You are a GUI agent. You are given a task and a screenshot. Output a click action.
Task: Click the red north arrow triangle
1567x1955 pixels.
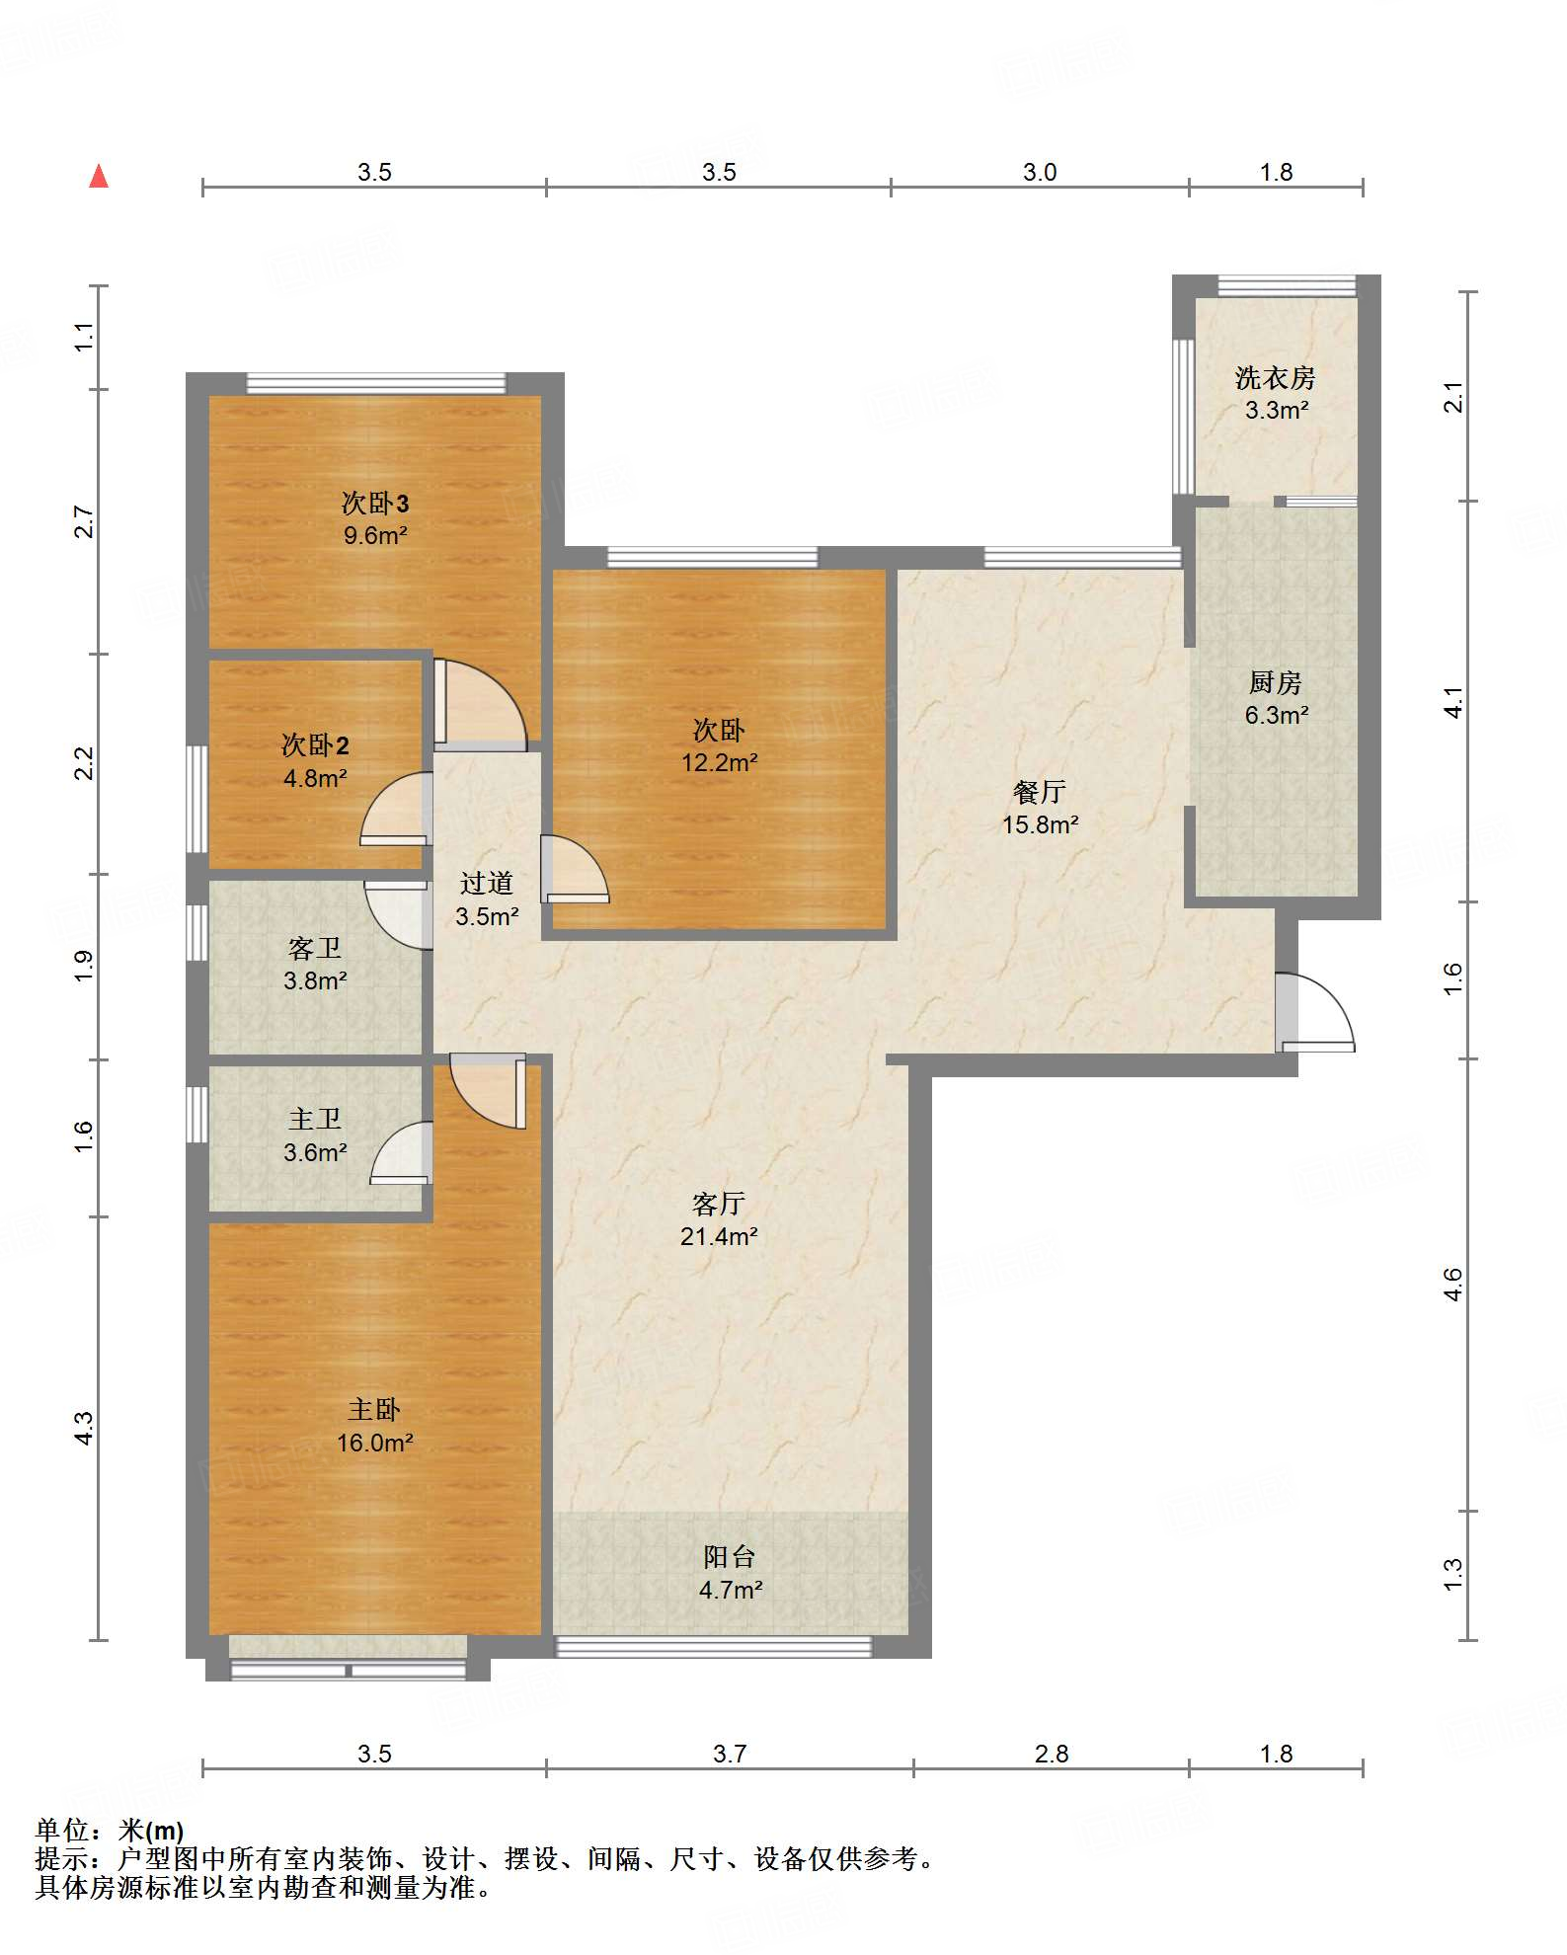[x=99, y=177]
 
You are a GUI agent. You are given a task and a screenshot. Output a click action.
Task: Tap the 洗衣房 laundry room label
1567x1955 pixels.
[x=1275, y=378]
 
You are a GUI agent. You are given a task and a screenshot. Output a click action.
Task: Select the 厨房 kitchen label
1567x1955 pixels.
[x=1275, y=682]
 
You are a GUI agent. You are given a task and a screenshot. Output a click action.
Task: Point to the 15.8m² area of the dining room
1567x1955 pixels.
[x=1040, y=824]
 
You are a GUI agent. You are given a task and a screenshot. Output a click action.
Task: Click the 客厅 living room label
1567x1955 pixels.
[x=718, y=1204]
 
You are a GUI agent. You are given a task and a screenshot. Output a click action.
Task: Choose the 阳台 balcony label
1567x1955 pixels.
[x=730, y=1557]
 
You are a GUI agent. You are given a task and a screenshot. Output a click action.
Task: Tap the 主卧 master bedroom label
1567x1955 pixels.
[x=374, y=1410]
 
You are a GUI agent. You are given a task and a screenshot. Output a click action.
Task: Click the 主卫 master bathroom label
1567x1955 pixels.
[x=315, y=1119]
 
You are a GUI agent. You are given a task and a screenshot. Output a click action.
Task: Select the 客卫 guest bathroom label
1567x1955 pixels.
[x=315, y=948]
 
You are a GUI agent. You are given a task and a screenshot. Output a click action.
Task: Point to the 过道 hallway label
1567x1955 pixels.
[x=487, y=883]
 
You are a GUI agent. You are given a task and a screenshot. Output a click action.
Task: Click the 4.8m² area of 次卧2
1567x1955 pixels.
[x=315, y=778]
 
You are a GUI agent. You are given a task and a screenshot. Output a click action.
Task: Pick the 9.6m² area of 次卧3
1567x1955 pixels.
[x=375, y=535]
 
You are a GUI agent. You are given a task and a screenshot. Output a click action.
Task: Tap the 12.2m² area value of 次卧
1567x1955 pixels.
[x=719, y=762]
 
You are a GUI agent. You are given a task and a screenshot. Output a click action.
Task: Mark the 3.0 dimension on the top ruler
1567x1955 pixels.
[x=1040, y=172]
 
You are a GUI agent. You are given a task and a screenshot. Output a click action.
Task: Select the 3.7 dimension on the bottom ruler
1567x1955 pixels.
[x=730, y=1754]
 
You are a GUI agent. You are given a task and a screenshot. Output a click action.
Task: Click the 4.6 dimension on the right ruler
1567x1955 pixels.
[x=1452, y=1285]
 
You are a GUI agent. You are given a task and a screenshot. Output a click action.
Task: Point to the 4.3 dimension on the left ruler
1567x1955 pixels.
[x=84, y=1429]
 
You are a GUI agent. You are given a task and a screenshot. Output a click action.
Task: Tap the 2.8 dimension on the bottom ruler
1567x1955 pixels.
[x=1052, y=1754]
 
